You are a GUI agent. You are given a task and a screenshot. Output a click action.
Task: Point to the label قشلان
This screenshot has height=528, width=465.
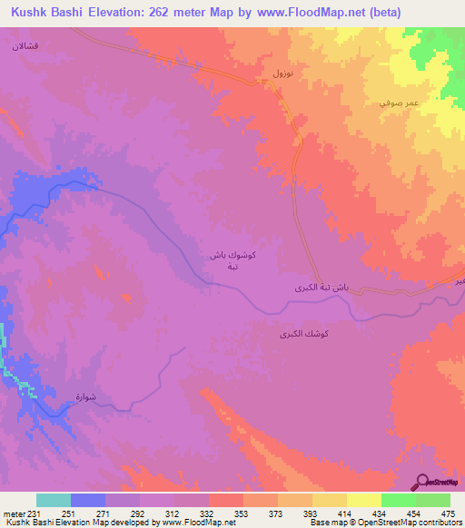point(25,44)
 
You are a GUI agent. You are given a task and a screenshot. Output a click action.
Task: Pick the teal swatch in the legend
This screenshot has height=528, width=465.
point(53,500)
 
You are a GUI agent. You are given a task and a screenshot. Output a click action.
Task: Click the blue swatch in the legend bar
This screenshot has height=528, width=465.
point(87,500)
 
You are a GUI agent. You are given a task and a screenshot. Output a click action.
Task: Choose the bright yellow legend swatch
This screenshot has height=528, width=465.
point(363,500)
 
